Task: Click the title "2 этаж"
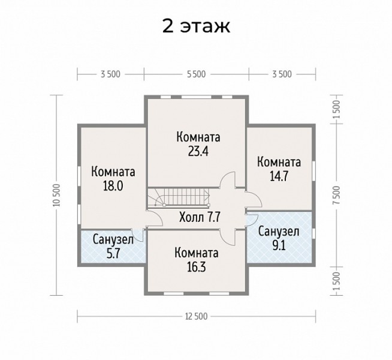(x=196, y=26)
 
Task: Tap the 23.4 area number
(x=198, y=151)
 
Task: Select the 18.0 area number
(x=113, y=185)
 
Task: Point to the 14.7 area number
(x=279, y=176)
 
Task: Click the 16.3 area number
(x=196, y=267)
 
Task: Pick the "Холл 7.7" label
(x=200, y=217)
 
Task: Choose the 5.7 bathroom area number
(x=114, y=253)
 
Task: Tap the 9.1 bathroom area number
(x=279, y=245)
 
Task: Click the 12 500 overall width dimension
(x=196, y=316)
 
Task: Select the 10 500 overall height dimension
(x=58, y=195)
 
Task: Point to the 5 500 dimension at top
(x=196, y=74)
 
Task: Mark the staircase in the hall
(x=179, y=197)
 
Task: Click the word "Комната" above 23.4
(x=198, y=137)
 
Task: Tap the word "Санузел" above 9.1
(x=279, y=232)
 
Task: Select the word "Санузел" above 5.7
(x=113, y=239)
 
